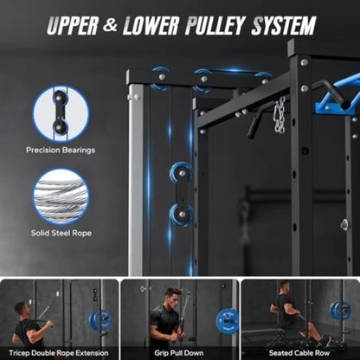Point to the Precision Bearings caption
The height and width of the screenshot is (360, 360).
pos(61,150)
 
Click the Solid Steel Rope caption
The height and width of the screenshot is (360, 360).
pos(61,233)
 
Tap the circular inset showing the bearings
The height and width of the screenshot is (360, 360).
pos(61,113)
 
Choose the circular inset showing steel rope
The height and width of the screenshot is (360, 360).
pos(61,196)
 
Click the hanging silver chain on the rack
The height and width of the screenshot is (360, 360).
pos(280,114)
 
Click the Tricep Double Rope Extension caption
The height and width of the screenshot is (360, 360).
pos(59,353)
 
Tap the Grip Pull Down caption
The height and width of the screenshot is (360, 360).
pos(178,353)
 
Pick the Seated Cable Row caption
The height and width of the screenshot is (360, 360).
pos(299,353)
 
